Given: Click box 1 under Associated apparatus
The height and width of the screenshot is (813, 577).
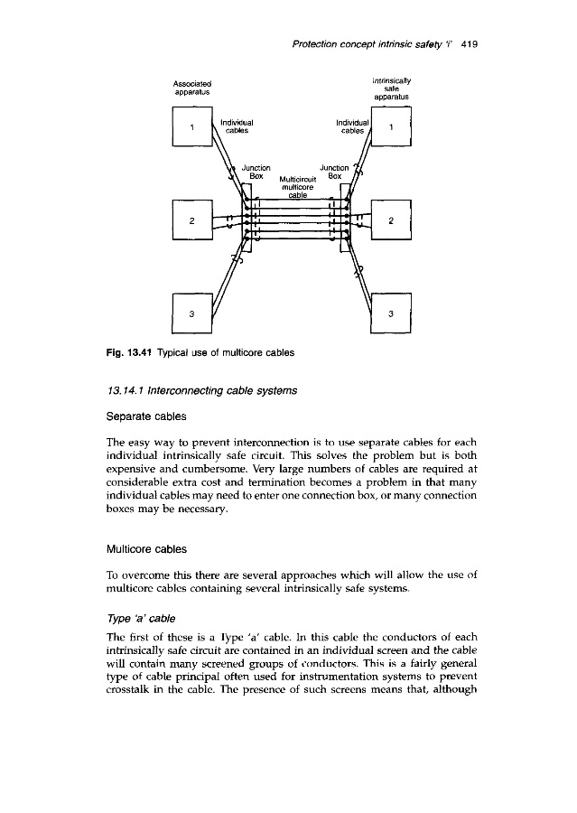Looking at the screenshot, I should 191,128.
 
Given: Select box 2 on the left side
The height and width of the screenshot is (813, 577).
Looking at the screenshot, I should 191,220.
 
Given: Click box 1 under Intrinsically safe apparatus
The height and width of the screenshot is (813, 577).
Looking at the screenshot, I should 390,128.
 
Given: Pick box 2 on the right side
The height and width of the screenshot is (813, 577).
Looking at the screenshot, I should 390,220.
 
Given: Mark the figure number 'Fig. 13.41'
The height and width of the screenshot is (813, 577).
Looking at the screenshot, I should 186,350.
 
